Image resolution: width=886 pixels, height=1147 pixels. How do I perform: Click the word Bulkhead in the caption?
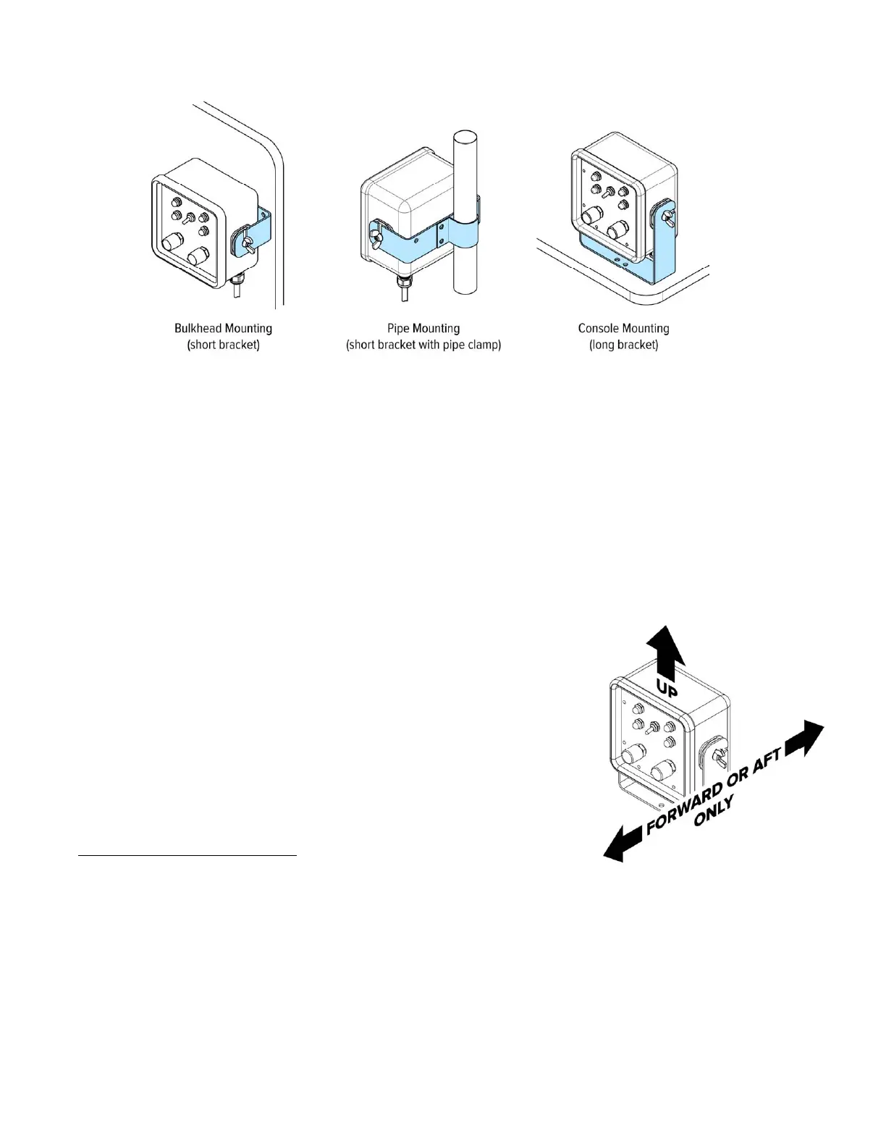tap(198, 329)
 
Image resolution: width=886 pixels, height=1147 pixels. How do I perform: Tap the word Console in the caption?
tap(599, 329)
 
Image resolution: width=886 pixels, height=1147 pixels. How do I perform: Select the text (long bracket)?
tap(623, 345)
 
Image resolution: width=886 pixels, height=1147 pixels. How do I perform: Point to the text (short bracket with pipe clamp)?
tap(423, 345)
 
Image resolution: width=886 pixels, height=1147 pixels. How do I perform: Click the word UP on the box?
tap(667, 687)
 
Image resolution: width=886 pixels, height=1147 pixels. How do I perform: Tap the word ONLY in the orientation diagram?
tap(714, 810)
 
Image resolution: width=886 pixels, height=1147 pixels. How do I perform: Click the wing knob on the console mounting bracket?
tap(666, 214)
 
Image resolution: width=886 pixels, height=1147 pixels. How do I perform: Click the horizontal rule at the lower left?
tap(187, 855)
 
